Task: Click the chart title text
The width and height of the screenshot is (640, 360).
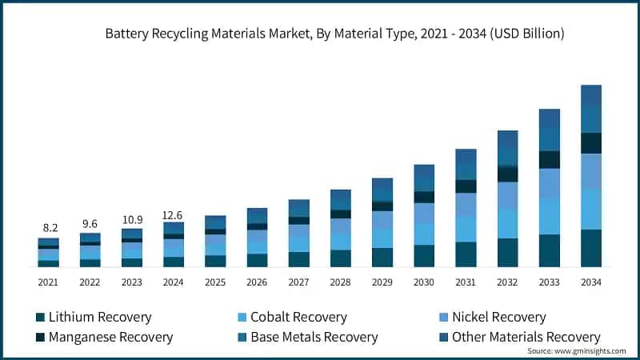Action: tap(335, 34)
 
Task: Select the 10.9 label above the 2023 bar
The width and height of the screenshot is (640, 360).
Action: tap(131, 219)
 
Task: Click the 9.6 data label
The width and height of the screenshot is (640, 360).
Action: tap(90, 224)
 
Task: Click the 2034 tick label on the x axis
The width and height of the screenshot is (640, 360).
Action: tap(590, 282)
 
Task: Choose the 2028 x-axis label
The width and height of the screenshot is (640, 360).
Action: tap(341, 282)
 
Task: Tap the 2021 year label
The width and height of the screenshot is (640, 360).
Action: tap(48, 282)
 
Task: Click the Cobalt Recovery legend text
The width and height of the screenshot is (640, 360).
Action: tap(298, 318)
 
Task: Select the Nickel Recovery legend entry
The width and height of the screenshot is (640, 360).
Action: tap(498, 318)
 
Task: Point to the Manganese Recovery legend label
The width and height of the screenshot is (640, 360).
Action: tap(110, 337)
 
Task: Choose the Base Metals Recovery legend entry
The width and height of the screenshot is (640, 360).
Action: tap(314, 337)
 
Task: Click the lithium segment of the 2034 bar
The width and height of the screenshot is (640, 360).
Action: tap(590, 248)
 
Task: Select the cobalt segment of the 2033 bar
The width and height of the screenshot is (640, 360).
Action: tap(549, 216)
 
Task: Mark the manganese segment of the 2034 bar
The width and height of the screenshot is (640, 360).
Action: tap(590, 142)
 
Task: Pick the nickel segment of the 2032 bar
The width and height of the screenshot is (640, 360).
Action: tap(507, 196)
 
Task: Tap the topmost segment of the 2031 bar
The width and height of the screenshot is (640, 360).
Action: tap(466, 157)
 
